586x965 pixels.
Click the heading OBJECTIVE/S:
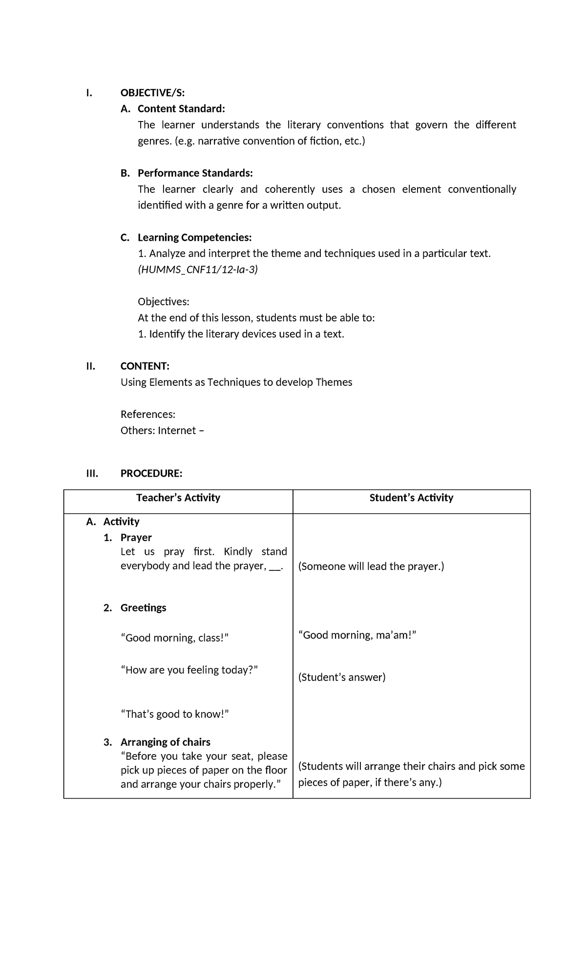152,93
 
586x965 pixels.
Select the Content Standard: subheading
181,108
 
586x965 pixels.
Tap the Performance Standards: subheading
195,173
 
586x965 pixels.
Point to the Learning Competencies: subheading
194,237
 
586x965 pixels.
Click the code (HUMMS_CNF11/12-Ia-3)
197,270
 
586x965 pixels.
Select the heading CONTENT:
145,366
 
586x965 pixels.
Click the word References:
147,414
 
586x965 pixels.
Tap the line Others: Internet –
162,430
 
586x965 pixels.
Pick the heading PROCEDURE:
151,473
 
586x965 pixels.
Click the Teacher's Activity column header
178,498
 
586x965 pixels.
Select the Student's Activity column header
411,498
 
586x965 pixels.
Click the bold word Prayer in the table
136,537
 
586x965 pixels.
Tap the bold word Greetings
143,608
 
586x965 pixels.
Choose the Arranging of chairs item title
165,742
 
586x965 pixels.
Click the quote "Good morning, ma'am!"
357,635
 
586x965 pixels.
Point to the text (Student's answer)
341,677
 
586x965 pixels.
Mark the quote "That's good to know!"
175,714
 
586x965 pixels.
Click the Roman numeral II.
90,366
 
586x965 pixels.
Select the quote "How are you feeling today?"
189,670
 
